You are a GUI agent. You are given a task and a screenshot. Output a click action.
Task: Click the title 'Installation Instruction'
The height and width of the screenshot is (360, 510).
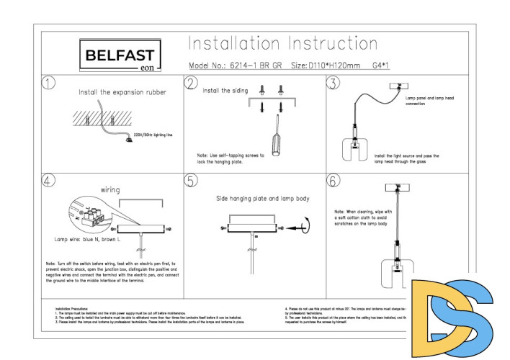[280, 42]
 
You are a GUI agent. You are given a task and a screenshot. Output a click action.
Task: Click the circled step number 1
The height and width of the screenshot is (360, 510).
[48, 83]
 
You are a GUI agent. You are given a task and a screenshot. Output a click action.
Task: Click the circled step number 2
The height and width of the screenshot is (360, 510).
[191, 83]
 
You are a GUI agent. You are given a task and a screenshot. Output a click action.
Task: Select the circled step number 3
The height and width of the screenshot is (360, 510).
[333, 83]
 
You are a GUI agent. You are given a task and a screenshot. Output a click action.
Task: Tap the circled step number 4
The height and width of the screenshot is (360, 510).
[48, 180]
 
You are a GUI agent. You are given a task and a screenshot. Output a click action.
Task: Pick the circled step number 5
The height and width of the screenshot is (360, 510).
[191, 180]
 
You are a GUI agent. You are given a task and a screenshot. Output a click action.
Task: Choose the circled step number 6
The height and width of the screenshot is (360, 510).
[333, 180]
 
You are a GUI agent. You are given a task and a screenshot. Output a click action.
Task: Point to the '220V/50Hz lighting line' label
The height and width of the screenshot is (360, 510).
[154, 135]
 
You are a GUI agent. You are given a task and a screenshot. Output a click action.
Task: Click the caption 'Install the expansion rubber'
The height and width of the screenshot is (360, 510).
[122, 92]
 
